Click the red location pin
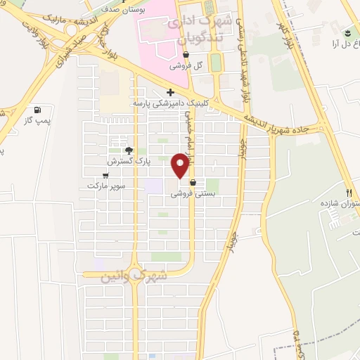tap(181, 165)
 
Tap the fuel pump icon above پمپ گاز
tap(37, 110)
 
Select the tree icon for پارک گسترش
tap(128, 150)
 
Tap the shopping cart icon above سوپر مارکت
tap(106, 175)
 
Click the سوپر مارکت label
tap(106, 186)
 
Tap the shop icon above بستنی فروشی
tap(193, 182)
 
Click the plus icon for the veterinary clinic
tap(170, 92)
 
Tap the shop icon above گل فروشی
tap(186, 56)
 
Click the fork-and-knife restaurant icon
tap(348, 192)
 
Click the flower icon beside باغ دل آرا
tap(346, 33)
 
